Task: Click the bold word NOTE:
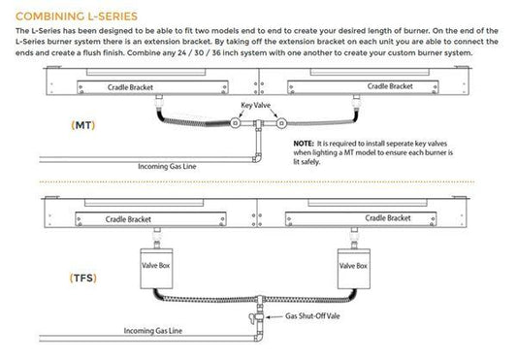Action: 304,142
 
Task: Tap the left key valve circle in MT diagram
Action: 237,125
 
